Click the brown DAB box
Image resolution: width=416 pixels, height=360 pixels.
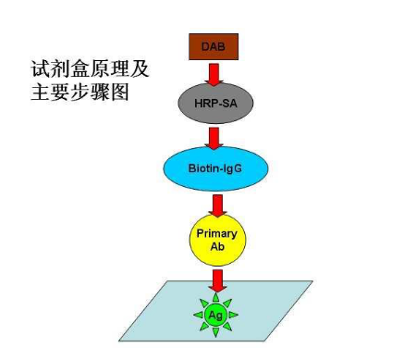[214, 46]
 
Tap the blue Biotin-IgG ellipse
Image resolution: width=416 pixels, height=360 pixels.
[216, 168]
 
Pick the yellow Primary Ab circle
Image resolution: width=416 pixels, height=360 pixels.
[217, 240]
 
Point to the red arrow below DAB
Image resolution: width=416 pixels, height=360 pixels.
[214, 73]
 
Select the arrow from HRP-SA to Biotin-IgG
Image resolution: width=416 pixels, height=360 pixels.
[215, 137]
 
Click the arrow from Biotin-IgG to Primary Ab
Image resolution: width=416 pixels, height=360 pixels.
[217, 203]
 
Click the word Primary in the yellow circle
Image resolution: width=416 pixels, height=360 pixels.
[217, 233]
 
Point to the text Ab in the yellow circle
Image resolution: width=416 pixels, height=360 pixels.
[217, 246]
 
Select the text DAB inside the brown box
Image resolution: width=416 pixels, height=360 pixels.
[214, 46]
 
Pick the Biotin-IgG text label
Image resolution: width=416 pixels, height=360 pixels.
[216, 168]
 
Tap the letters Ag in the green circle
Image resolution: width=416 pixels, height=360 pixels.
[216, 314]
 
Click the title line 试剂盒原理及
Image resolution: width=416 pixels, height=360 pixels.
[90, 69]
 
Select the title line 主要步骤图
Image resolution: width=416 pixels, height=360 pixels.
[82, 92]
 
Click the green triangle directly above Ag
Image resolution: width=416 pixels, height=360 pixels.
[216, 295]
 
